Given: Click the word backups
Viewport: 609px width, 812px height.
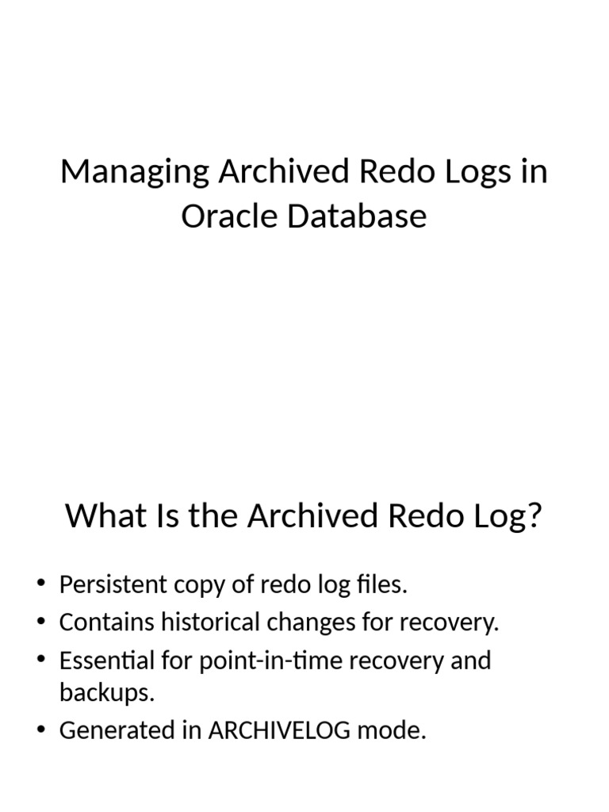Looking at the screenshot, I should (x=106, y=692).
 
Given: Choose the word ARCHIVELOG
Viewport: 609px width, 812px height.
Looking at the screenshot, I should (x=279, y=730).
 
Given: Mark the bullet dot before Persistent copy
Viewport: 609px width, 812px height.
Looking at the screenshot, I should (x=41, y=586).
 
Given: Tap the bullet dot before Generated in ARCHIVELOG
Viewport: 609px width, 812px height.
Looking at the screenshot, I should (x=41, y=731).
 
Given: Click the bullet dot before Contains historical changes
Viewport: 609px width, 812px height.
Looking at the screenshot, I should (x=41, y=623).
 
